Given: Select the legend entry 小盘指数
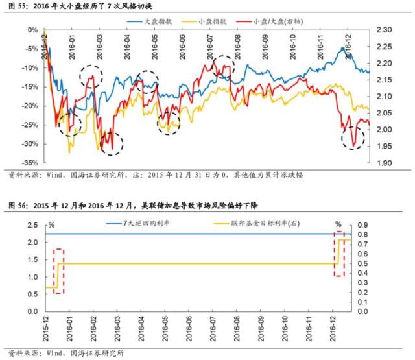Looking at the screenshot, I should click(x=213, y=21).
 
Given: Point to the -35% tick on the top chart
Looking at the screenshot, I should click(x=29, y=163).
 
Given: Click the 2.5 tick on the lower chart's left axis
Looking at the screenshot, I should click(x=31, y=225).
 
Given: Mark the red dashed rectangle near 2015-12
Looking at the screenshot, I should click(x=58, y=271).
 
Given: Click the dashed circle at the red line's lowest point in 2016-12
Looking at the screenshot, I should click(x=353, y=138).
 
